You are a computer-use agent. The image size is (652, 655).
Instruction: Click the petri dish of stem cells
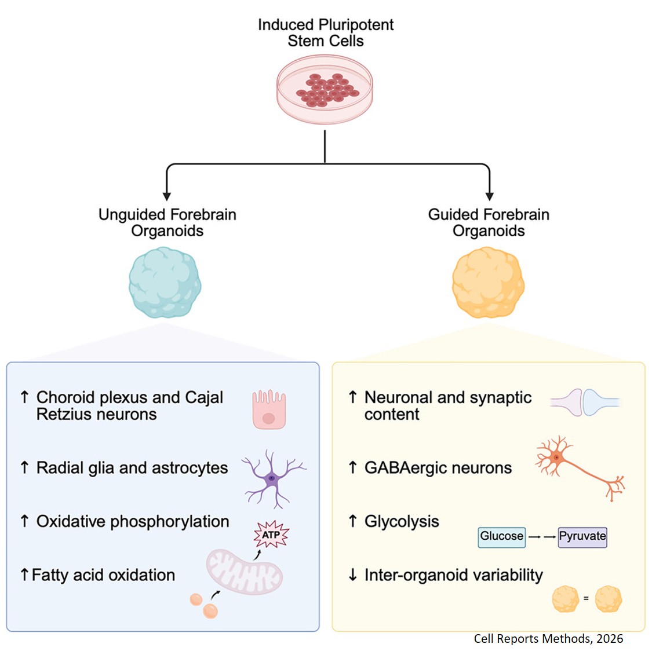[325, 90]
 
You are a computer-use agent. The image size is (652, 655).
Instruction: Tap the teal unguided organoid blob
[165, 283]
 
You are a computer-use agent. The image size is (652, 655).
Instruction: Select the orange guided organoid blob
[488, 283]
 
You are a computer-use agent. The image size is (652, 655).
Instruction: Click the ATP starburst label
[271, 535]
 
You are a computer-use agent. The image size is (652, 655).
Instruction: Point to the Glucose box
[502, 536]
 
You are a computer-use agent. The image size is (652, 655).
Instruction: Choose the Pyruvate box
[582, 536]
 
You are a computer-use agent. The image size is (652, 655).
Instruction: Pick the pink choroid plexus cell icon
[269, 409]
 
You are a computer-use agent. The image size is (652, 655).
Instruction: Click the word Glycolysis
[402, 521]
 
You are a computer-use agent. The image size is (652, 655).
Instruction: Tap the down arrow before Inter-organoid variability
[352, 575]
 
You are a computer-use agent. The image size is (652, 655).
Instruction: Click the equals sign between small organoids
[586, 598]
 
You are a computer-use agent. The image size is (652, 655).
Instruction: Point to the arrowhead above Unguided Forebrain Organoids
[167, 196]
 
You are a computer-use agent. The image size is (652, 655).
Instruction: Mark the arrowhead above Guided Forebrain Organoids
[490, 196]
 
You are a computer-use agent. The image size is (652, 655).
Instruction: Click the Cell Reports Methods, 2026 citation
[548, 639]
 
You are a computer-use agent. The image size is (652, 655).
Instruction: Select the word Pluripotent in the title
[359, 25]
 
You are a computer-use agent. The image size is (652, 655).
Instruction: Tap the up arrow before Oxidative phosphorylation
[24, 521]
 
